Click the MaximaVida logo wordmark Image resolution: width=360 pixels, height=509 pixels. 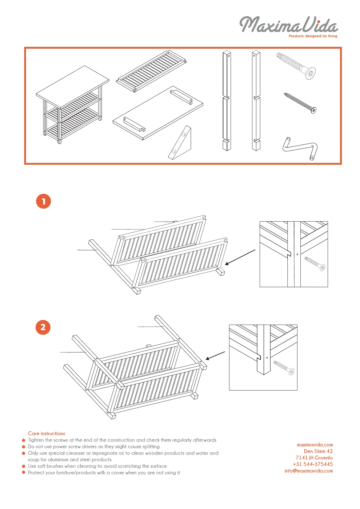289,25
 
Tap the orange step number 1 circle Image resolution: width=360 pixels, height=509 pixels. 44,201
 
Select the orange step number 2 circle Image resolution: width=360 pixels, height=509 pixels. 43,327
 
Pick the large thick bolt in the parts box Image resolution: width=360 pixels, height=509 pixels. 296,66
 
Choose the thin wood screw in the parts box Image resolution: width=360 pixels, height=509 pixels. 300,103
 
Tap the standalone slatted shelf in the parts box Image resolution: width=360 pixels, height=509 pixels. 151,71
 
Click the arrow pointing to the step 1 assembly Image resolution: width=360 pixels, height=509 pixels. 240,257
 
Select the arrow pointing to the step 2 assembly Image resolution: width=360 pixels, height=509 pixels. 215,356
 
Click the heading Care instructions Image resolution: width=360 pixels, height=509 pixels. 47,433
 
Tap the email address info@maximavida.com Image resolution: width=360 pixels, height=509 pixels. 309,471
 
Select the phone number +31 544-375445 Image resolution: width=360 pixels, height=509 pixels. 313,464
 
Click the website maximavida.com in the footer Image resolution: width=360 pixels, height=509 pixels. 315,445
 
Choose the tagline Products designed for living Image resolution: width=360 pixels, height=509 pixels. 313,36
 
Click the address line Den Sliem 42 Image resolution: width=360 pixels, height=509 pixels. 318,451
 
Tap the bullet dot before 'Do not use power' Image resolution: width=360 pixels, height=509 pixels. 24,447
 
